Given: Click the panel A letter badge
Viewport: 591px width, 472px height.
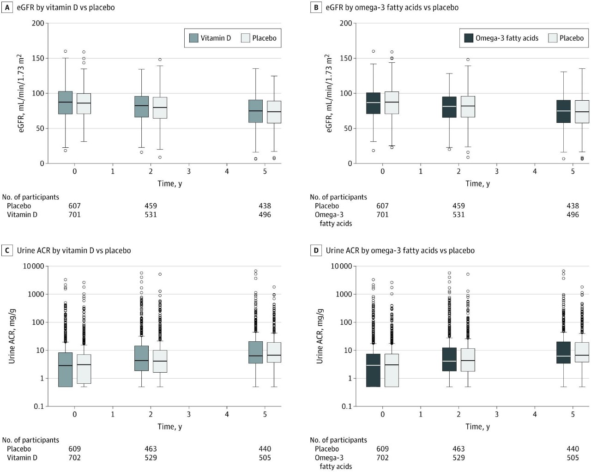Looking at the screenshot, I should coord(7,7).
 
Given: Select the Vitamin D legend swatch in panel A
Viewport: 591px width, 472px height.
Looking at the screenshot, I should coord(194,38).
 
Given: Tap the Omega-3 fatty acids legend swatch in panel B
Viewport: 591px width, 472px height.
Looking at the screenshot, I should coord(469,38).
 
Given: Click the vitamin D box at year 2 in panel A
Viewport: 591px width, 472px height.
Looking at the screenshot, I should coord(141,107).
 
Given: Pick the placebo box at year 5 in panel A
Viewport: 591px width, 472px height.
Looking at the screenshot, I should coord(274,112).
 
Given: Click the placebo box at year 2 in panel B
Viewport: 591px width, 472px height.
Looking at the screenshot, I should coord(468,107).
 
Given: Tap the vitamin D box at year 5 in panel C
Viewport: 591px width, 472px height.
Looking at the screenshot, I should coord(255,352).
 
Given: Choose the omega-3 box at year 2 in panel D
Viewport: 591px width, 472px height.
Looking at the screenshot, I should coord(449,359).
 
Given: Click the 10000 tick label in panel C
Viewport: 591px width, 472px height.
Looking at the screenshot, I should coord(34,266).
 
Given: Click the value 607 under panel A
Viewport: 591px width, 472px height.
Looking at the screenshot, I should coord(74,206).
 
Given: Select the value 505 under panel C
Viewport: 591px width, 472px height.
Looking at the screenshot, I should coord(265,458).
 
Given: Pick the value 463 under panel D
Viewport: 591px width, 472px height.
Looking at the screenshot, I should coord(458,449).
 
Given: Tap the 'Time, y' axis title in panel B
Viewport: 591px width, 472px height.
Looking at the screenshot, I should coord(477,183).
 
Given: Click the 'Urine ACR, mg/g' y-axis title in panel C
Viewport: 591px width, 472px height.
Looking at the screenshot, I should coord(12,336).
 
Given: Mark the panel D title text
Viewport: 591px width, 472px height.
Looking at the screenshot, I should coord(400,250).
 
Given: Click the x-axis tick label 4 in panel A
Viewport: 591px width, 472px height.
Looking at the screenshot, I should coord(227,171).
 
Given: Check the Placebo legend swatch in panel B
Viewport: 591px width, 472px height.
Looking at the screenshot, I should coord(553,38).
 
